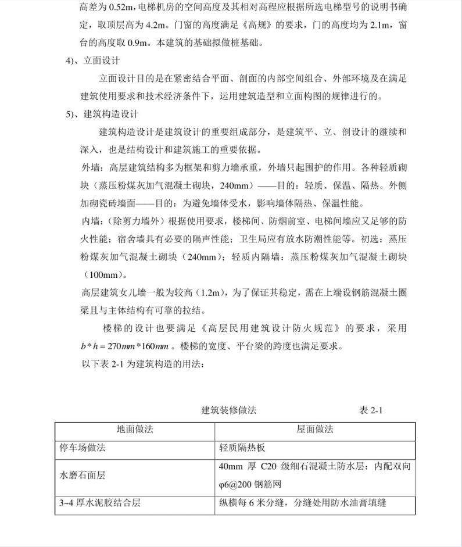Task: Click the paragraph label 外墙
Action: (x=92, y=168)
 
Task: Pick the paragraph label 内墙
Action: (x=92, y=221)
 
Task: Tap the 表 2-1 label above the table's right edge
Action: (x=371, y=410)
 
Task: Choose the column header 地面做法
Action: (x=135, y=430)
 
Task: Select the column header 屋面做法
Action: (x=315, y=430)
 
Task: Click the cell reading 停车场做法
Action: (x=83, y=449)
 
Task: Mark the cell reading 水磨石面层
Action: (x=83, y=476)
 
